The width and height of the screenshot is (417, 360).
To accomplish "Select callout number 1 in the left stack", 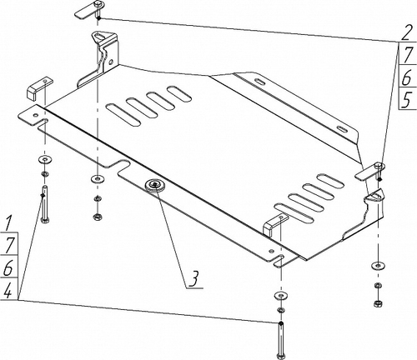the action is click(9, 222).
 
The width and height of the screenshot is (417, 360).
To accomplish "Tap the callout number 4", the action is click(8, 290).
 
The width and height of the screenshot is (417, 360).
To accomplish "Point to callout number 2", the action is click(406, 33).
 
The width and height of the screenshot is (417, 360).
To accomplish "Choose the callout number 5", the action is click(407, 100).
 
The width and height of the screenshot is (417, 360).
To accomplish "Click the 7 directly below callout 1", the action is click(9, 245).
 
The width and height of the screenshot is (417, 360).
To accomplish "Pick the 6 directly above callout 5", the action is click(407, 77).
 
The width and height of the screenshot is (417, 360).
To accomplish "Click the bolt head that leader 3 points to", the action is click(154, 184).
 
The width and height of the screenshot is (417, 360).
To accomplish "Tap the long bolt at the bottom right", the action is click(281, 340).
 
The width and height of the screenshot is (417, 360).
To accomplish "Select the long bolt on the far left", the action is click(44, 204).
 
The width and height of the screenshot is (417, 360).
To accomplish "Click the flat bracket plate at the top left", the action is click(85, 12).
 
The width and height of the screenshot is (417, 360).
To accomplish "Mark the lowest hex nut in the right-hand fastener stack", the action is click(378, 302).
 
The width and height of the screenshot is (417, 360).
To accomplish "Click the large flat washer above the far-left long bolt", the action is click(44, 159).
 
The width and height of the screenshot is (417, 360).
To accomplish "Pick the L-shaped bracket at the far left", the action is click(39, 87).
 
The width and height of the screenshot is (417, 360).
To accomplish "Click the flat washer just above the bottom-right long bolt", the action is click(281, 296).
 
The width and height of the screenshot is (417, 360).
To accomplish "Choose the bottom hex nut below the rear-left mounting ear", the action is click(97, 216).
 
